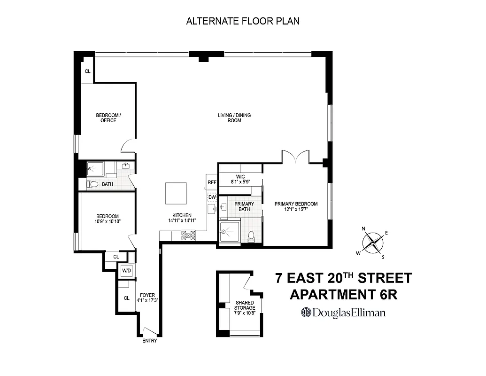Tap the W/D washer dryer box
(x=126, y=271)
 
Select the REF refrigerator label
(x=212, y=182)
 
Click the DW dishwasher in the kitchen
(x=212, y=197)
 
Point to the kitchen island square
(x=176, y=193)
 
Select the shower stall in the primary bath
(x=230, y=232)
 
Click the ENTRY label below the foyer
(x=149, y=341)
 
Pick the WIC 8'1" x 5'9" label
(x=239, y=179)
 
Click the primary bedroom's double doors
(x=295, y=157)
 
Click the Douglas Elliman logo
(x=344, y=313)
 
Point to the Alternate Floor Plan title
(x=243, y=21)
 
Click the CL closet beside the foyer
(x=126, y=298)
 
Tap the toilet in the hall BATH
(x=93, y=184)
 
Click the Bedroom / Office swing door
(x=129, y=146)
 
